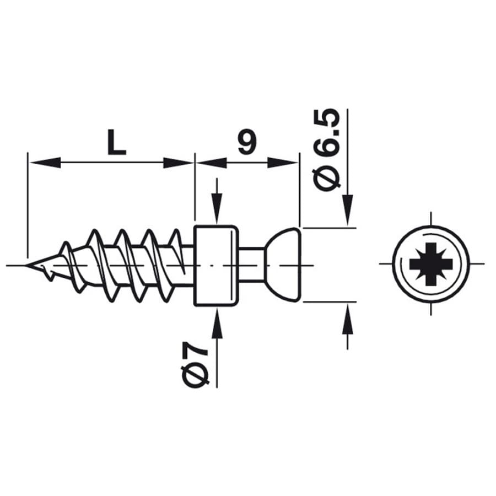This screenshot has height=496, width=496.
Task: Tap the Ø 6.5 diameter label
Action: [x=326, y=151]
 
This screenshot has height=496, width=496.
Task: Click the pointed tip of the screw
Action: [x=26, y=265]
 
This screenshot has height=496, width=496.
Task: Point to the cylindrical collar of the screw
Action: [x=215, y=266]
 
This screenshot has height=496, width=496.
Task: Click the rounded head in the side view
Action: [x=283, y=265]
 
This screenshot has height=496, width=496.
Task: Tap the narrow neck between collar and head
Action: [x=251, y=265]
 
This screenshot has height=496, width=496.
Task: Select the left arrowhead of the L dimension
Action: [x=44, y=163]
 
